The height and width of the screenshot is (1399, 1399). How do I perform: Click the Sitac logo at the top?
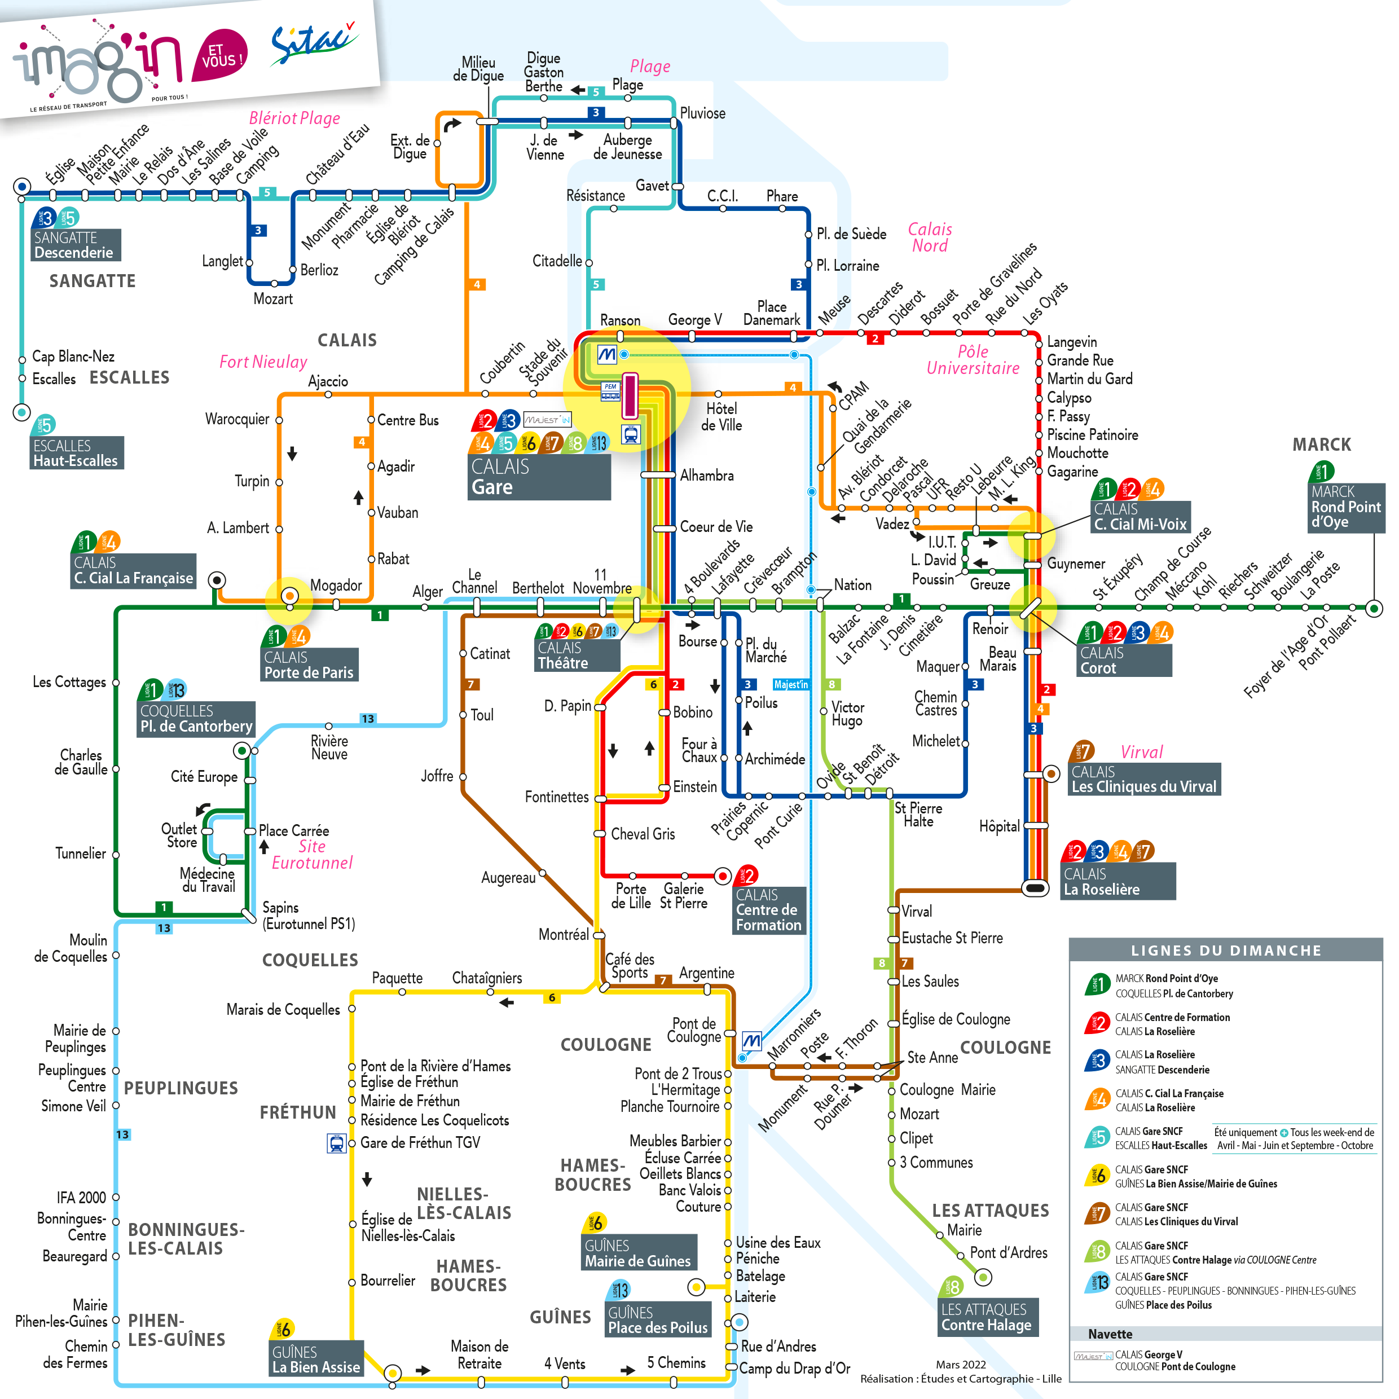click(x=313, y=42)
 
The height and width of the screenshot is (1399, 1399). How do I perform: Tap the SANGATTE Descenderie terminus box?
click(x=75, y=245)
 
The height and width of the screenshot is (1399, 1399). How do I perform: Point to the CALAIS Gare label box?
click(x=539, y=477)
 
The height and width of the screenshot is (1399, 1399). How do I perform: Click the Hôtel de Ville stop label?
click(x=722, y=416)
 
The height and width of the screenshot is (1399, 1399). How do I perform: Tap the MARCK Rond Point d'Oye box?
click(x=1345, y=507)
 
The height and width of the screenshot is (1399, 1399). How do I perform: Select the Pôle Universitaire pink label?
click(x=973, y=360)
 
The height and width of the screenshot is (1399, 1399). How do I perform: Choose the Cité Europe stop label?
click(x=204, y=776)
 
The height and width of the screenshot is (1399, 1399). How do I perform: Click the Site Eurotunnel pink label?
click(x=312, y=855)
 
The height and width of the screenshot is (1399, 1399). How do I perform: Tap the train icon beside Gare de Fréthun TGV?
click(x=337, y=1143)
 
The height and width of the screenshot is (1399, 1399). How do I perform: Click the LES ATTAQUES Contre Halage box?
click(x=986, y=1317)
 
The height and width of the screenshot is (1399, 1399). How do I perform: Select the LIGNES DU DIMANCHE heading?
click(x=1225, y=950)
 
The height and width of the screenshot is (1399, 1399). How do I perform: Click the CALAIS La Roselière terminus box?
click(x=1118, y=881)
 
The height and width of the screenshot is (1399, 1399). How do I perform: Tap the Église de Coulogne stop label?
click(x=955, y=1019)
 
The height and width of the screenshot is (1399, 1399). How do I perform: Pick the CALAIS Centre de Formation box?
click(x=768, y=910)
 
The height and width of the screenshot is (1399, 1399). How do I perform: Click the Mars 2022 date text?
click(x=960, y=1364)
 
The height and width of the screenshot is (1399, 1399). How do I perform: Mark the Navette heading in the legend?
click(x=1110, y=1334)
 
